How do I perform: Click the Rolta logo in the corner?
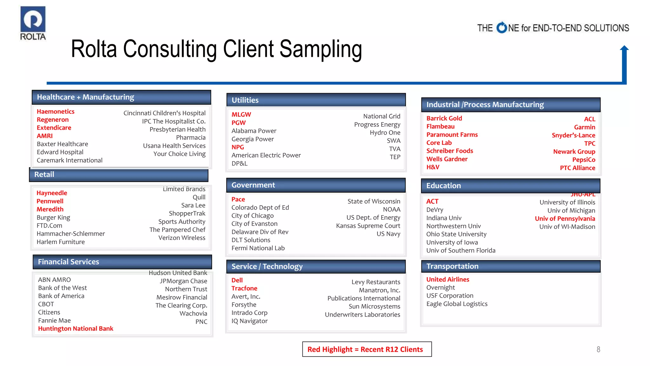pyautogui.click(x=33, y=23)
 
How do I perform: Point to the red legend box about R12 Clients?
pyautogui.click(x=367, y=349)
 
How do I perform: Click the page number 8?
pyautogui.click(x=598, y=349)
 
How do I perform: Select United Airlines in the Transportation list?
pyautogui.click(x=448, y=279)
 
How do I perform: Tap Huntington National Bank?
pyautogui.click(x=76, y=329)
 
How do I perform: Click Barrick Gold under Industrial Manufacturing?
pyautogui.click(x=444, y=118)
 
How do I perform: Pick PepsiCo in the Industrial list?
pyautogui.click(x=584, y=160)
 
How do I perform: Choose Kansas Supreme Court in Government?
pyautogui.click(x=368, y=226)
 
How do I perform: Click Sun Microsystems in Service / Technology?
pyautogui.click(x=374, y=307)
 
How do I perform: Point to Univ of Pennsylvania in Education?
pyautogui.click(x=565, y=219)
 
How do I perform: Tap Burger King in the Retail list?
pyautogui.click(x=53, y=218)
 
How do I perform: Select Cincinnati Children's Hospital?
pyautogui.click(x=164, y=113)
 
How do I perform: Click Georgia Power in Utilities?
pyautogui.click(x=252, y=139)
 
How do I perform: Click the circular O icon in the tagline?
pyautogui.click(x=502, y=28)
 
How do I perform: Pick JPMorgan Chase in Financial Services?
pyautogui.click(x=183, y=281)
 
